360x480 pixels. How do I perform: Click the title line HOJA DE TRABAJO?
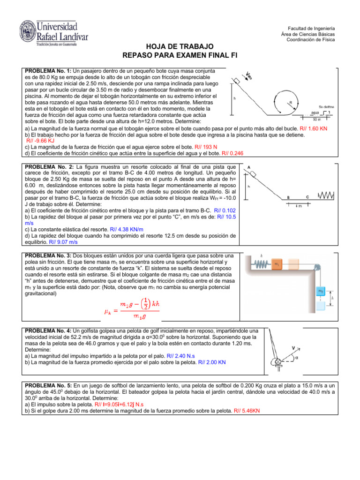(x=180, y=46)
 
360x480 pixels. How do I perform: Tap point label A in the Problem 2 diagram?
(x=248, y=167)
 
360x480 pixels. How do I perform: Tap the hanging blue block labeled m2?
(x=321, y=292)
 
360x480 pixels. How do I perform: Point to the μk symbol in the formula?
(x=107, y=311)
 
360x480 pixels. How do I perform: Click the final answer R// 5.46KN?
(x=247, y=410)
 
